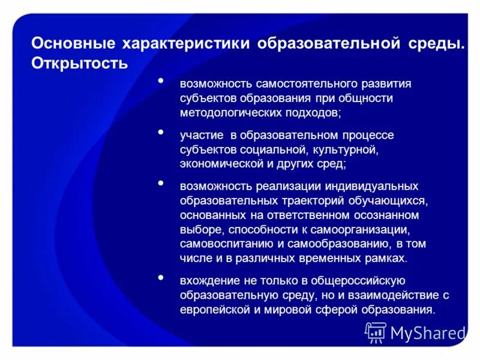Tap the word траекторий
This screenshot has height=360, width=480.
[x=307, y=200]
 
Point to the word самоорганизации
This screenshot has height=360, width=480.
[x=364, y=229]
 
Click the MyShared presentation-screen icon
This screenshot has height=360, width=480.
[x=376, y=332]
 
